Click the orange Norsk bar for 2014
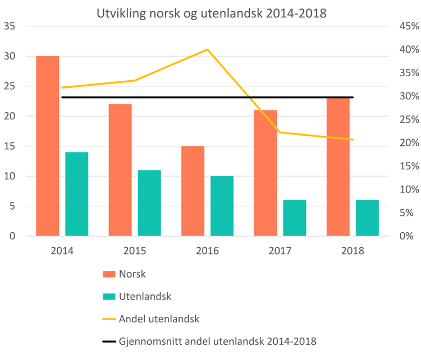coord(48,146)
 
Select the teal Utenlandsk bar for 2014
coord(77,194)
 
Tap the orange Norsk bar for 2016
coord(193,191)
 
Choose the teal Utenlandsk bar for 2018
coord(367,218)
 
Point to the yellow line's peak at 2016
coord(207,49)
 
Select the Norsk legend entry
coord(132,274)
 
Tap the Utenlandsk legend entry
coord(145,296)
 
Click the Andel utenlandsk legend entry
coord(159,319)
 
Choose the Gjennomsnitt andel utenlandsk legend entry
coord(217,341)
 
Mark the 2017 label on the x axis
coord(280,251)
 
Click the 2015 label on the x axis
coord(135,251)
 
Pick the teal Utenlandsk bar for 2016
coord(222,206)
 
